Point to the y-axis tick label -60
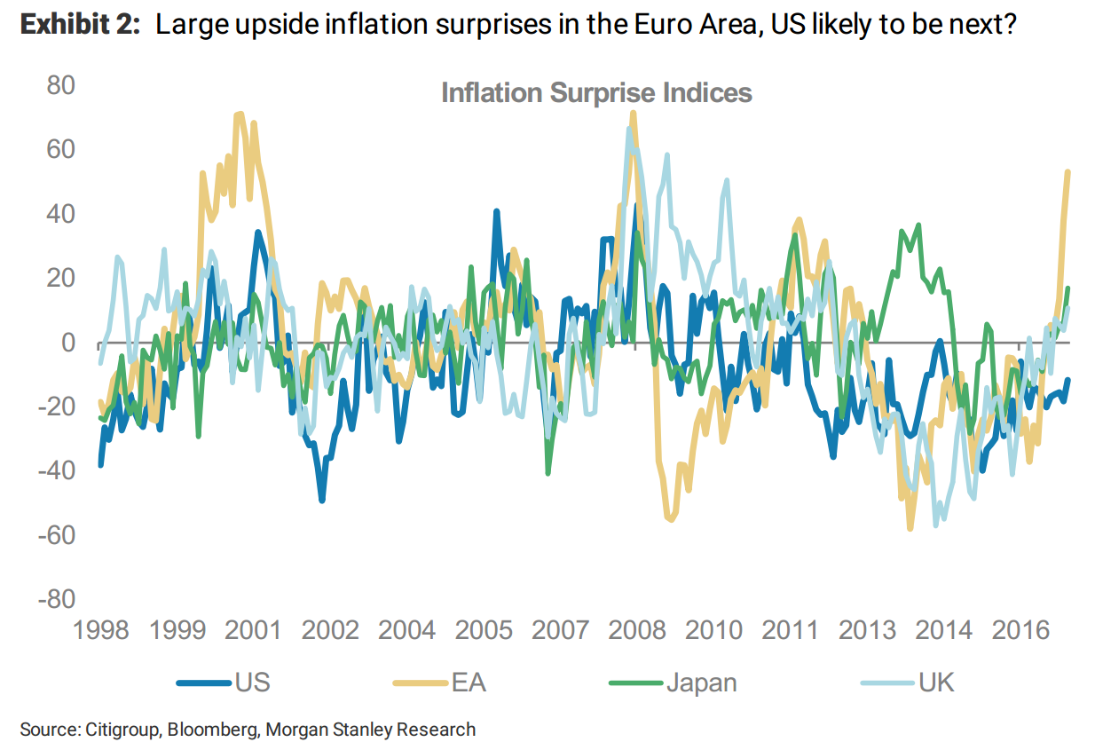(x=55, y=535)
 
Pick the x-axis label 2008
(x=637, y=631)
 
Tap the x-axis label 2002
(x=329, y=631)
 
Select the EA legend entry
(x=469, y=683)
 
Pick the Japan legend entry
(x=701, y=683)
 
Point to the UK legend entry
(x=937, y=683)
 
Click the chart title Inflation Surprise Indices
(x=596, y=93)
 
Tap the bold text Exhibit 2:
(x=80, y=25)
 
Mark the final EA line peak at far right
(x=1067, y=171)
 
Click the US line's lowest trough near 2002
(x=322, y=500)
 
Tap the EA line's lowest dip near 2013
(x=910, y=529)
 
